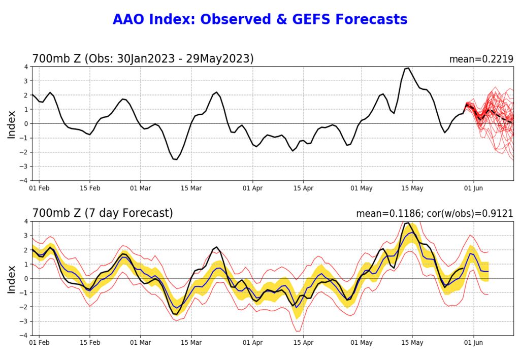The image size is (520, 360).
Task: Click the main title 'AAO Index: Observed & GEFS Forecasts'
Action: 260,19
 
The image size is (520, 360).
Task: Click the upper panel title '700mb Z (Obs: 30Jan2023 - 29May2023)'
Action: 143,59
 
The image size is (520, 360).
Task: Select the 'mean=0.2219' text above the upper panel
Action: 481,59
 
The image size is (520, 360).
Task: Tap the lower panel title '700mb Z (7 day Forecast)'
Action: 103,213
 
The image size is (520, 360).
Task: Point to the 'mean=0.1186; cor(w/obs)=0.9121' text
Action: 435,214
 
